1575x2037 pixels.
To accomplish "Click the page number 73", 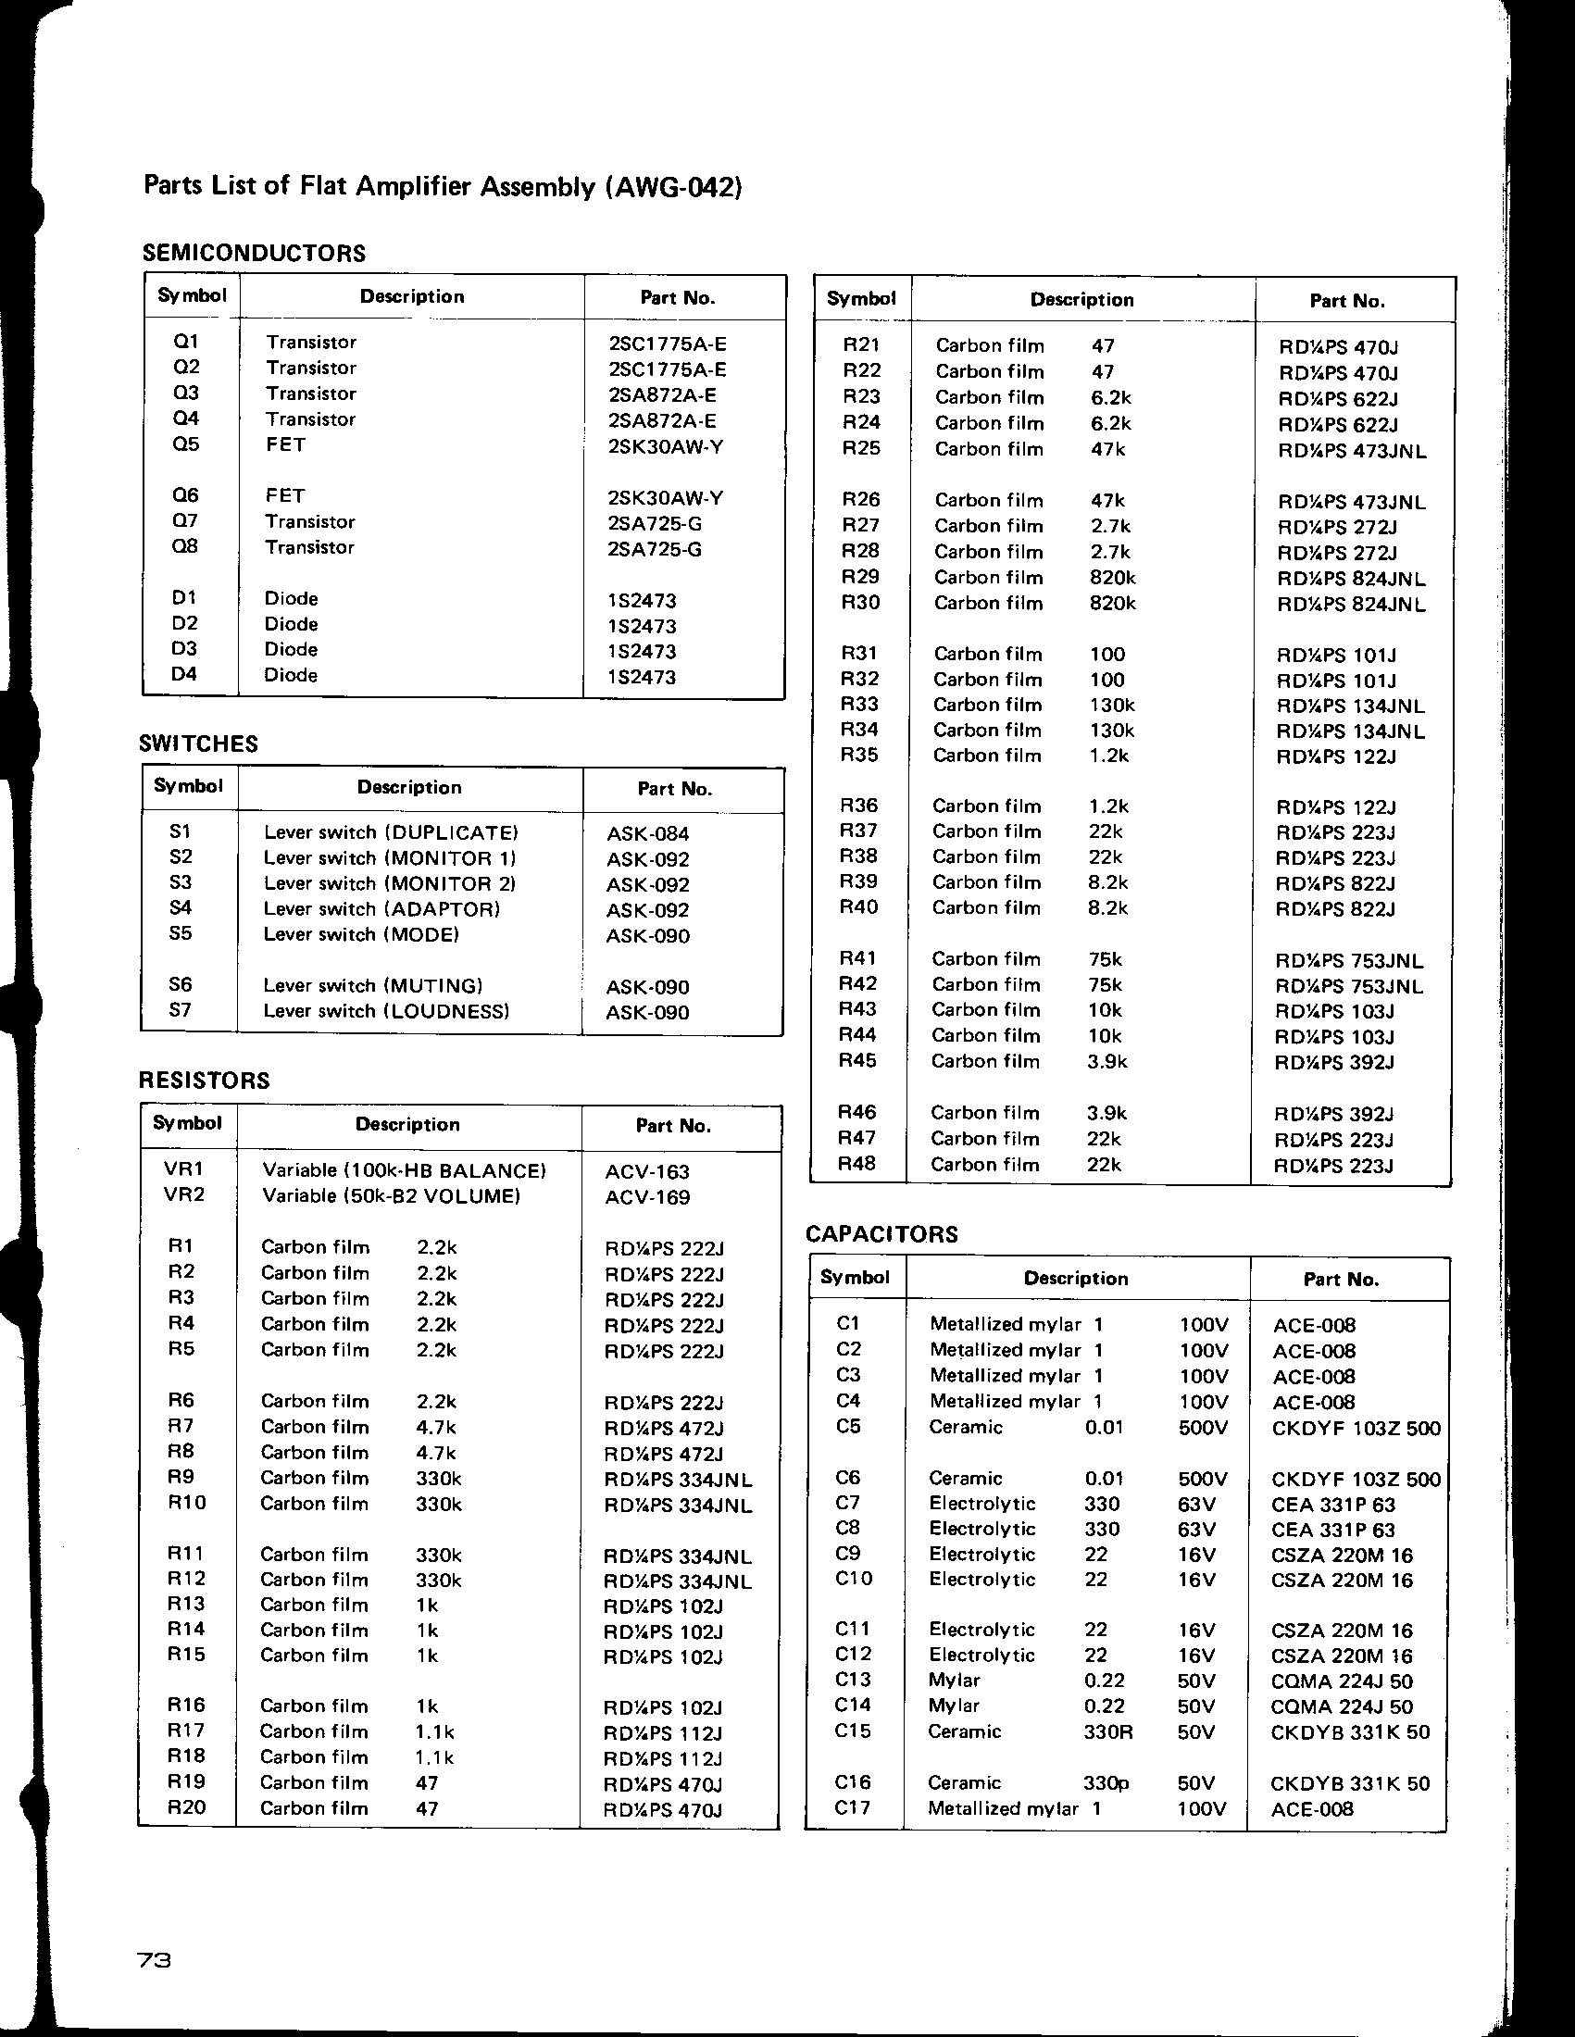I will click(x=155, y=1961).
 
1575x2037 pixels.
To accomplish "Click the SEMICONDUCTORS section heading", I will click(x=254, y=253).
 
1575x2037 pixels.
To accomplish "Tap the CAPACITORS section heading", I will click(x=881, y=1234).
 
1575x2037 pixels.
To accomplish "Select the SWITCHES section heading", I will click(x=199, y=744).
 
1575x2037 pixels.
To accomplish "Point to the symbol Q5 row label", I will click(x=186, y=444).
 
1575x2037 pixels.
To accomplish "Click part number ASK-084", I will click(x=648, y=834).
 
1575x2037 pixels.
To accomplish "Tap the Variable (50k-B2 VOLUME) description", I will click(x=391, y=1196).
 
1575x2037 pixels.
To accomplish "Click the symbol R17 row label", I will click(x=185, y=1731).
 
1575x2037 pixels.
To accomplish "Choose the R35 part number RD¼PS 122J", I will click(x=1335, y=757).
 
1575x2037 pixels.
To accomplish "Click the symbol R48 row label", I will click(x=857, y=1164).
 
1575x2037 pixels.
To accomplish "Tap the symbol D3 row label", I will click(x=184, y=649).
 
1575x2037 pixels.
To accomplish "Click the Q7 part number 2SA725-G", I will click(x=654, y=523).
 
